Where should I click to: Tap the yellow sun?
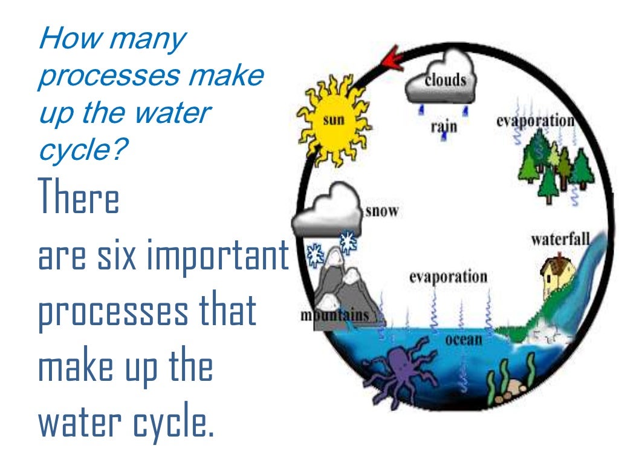click(x=332, y=120)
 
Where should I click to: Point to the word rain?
click(x=444, y=127)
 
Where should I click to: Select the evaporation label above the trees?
click(x=534, y=120)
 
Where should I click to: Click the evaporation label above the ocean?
click(x=448, y=277)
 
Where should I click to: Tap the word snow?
click(x=382, y=212)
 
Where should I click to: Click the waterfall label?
click(x=560, y=239)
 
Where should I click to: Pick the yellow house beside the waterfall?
click(x=555, y=273)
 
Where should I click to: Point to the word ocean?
click(x=464, y=339)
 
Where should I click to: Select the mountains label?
click(x=334, y=315)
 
